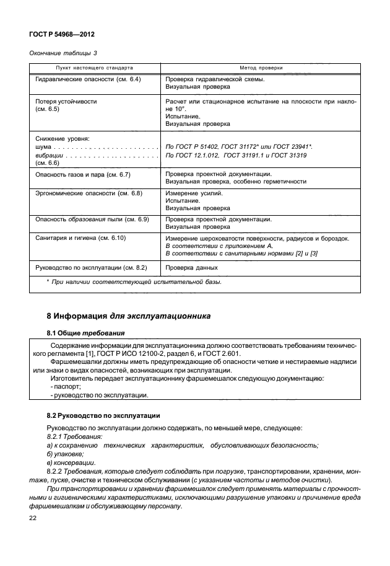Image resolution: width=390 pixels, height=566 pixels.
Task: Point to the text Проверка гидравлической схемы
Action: (x=216, y=80)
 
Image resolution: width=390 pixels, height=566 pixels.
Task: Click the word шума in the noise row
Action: (x=43, y=146)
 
